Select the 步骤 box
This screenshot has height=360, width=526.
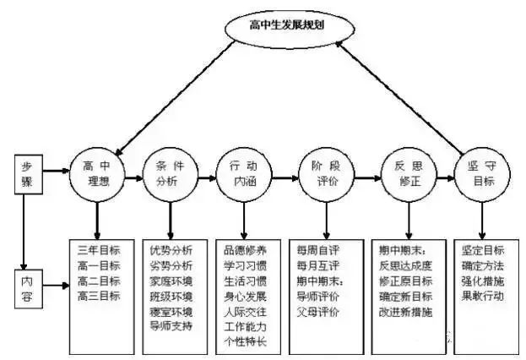click(x=29, y=174)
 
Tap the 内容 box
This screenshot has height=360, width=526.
click(x=29, y=289)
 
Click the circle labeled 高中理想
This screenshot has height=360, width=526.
click(x=97, y=175)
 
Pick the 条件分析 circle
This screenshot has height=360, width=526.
click(x=171, y=175)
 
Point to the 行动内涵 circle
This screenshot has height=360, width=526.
click(x=244, y=175)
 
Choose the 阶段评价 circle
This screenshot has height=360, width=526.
click(x=327, y=175)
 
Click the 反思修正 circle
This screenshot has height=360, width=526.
click(x=409, y=175)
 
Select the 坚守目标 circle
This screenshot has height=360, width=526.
click(x=482, y=175)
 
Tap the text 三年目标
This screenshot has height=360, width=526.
click(x=99, y=250)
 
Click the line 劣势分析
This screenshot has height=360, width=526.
click(x=171, y=265)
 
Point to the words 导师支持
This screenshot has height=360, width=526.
click(x=171, y=325)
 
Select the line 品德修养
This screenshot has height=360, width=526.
click(x=245, y=250)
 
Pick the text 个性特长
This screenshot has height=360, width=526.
click(x=245, y=341)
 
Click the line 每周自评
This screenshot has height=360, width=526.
click(x=318, y=250)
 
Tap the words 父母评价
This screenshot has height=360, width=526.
click(x=318, y=312)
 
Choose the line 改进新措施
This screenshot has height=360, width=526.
click(x=405, y=312)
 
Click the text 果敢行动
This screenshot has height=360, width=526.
click(x=483, y=296)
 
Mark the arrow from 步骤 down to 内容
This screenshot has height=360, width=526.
click(x=24, y=232)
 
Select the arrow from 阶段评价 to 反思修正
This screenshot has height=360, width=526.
click(x=367, y=177)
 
